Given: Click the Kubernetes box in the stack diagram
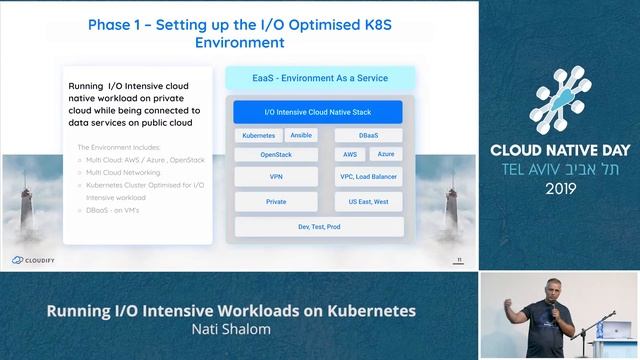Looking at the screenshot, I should click(259, 135).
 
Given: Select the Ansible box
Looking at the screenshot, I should click(302, 135).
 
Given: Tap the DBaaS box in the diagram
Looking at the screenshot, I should click(368, 135).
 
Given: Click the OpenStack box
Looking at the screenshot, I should click(276, 155).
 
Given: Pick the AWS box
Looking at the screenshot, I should click(350, 155).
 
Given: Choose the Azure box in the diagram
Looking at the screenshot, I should click(386, 155).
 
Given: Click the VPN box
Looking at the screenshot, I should click(276, 177).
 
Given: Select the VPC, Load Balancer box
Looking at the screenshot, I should click(368, 177).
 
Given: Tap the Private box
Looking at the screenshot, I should click(276, 201).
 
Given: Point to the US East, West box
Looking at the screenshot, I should click(368, 201).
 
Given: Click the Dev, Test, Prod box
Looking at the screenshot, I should click(319, 227).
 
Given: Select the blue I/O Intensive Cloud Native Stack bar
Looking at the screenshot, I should click(319, 112).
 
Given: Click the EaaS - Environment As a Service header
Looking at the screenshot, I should click(319, 77).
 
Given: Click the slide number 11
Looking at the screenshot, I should click(458, 260).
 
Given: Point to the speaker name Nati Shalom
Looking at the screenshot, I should click(231, 328).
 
